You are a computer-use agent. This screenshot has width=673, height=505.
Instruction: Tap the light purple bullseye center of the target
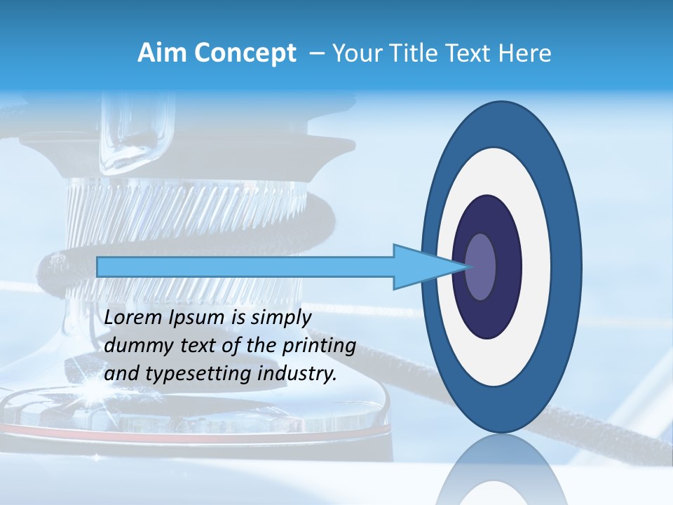(x=480, y=267)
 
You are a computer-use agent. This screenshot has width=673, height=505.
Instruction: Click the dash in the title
(x=315, y=53)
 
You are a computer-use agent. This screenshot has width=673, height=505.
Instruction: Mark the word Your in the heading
(x=354, y=53)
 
